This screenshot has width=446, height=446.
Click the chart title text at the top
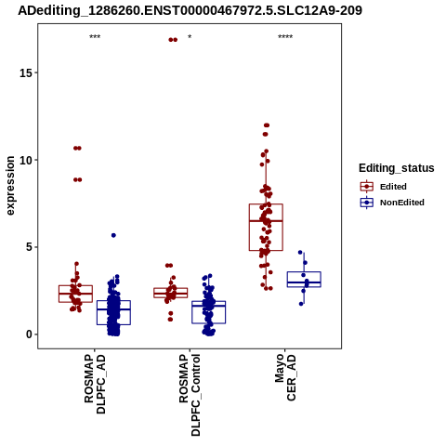pos(190,10)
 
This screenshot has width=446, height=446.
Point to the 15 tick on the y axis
pos(36,72)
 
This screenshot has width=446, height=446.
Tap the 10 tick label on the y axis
pos(26,160)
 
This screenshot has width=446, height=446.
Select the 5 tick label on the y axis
pos(29,247)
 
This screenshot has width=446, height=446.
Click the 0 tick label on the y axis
pos(29,334)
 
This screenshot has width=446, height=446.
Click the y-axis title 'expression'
pos(10,186)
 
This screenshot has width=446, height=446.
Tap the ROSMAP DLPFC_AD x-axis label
pos(95,384)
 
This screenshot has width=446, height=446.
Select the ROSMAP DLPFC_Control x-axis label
pos(190,395)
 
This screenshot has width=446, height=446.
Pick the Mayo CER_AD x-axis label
pos(285,378)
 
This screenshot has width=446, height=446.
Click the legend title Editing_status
pos(397,168)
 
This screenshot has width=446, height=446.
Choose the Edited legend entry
pos(383,187)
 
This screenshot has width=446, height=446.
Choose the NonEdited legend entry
pos(392,203)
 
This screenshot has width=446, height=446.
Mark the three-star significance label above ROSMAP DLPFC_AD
pos(95,36)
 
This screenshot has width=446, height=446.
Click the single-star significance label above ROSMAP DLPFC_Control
pos(190,36)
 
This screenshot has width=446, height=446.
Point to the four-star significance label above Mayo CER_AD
pos(285,36)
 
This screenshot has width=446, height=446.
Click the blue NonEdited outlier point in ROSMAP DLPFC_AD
pos(113,235)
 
